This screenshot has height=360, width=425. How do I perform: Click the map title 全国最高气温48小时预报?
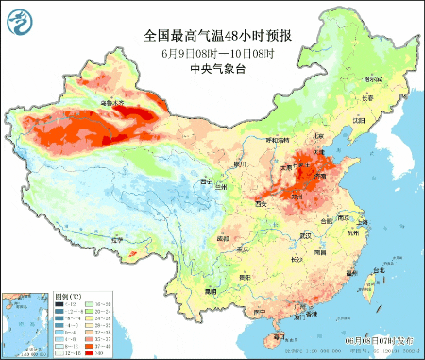click(x=216, y=35)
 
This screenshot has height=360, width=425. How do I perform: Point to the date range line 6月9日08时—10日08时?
click(x=216, y=52)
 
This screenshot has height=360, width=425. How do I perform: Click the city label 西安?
click(x=263, y=201)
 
